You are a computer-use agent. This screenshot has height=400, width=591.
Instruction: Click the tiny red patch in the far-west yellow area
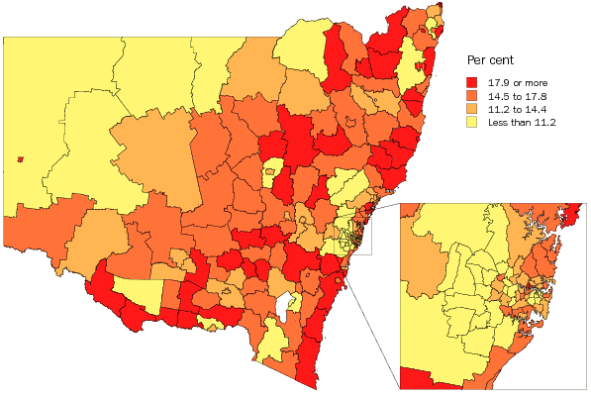[20, 158]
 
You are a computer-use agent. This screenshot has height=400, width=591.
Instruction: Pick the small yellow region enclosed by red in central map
[267, 175]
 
